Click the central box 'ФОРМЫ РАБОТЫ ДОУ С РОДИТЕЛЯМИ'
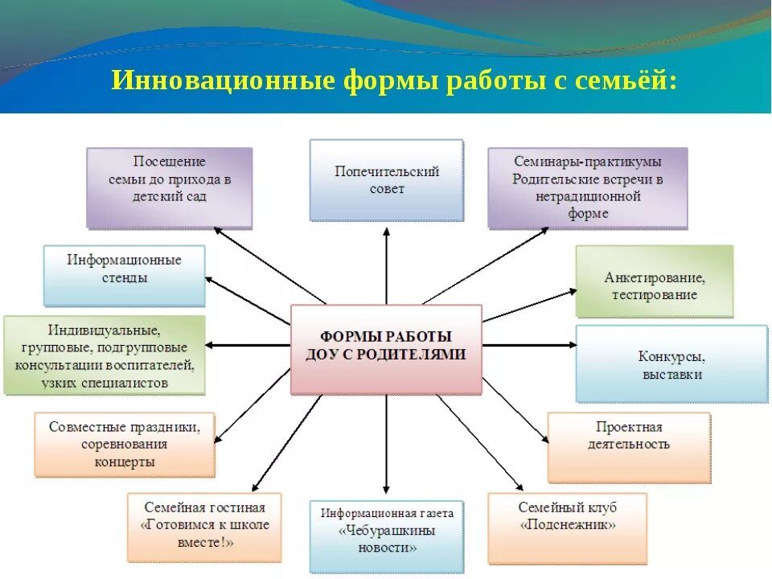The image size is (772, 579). (386, 348)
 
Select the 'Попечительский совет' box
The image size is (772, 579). (387, 180)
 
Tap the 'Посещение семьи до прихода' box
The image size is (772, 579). (170, 187)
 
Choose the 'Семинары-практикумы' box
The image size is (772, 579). (588, 187)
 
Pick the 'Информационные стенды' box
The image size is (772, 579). (125, 275)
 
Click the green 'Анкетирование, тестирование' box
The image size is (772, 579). (655, 281)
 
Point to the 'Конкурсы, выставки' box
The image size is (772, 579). (671, 363)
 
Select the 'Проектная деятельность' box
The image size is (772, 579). (629, 446)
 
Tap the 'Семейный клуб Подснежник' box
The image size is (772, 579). (568, 528)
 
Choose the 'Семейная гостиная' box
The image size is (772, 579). (204, 527)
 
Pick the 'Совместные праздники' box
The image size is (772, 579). (125, 444)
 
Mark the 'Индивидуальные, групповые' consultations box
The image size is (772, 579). (105, 355)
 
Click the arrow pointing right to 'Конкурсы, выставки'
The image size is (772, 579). (531, 345)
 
